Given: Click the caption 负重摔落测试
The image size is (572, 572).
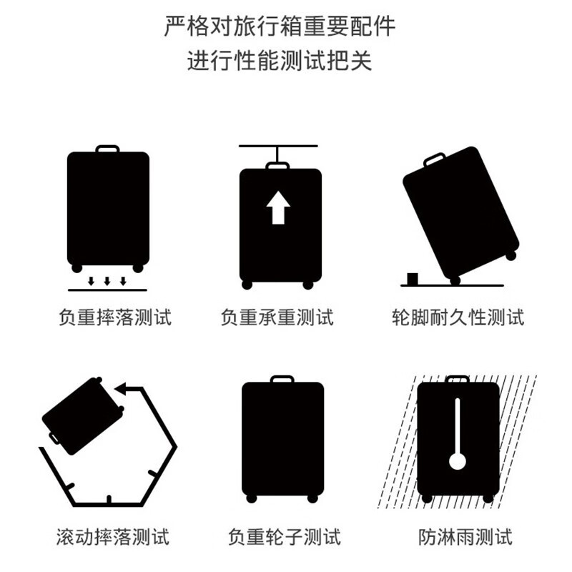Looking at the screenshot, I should (x=115, y=317).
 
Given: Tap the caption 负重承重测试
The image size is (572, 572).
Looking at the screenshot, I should (x=277, y=317).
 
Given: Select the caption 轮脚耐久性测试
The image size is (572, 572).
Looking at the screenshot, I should (x=458, y=317).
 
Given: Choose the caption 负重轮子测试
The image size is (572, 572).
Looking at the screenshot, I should (x=285, y=536).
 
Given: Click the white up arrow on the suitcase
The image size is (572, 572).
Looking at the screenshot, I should (x=278, y=208).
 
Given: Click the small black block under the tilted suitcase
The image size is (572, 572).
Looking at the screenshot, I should (x=413, y=277).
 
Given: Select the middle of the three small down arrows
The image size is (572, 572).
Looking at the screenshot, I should (x=107, y=281).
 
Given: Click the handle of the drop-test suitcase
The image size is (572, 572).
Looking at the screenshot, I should (x=107, y=149).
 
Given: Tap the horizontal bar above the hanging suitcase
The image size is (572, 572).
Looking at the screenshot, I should (x=277, y=147).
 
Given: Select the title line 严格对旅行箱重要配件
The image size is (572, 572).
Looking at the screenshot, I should (x=280, y=26).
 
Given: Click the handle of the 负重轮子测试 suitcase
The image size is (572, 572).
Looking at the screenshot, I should (x=282, y=378).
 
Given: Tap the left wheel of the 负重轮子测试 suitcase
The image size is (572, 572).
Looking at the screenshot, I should (x=250, y=498).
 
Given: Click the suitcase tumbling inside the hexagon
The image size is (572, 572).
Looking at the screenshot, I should (x=82, y=414).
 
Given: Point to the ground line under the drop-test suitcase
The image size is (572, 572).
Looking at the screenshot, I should (x=107, y=290).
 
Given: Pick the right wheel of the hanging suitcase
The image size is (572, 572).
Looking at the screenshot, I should (x=308, y=285).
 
